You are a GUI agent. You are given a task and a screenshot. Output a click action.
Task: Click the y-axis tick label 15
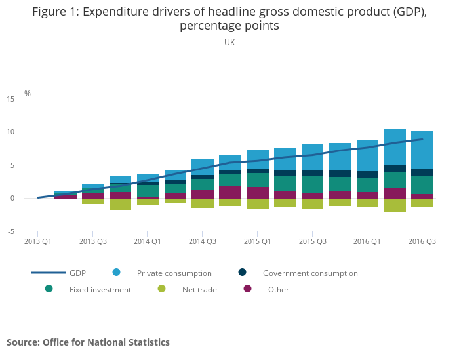point(10,99)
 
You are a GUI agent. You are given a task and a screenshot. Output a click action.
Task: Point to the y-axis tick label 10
point(10,132)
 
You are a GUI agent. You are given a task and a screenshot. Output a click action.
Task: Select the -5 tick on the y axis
point(10,231)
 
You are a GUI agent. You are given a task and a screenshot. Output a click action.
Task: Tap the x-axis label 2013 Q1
point(38,241)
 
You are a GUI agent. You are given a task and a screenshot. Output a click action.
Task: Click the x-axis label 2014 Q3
point(203,241)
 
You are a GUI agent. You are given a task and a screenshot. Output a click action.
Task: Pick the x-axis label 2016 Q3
point(422,241)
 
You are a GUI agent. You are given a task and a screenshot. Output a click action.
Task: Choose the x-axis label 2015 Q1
point(258,241)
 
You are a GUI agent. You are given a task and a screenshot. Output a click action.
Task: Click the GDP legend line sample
point(49,273)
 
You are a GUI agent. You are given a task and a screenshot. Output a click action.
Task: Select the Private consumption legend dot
point(116,272)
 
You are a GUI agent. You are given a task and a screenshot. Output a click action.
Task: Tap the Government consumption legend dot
point(242,272)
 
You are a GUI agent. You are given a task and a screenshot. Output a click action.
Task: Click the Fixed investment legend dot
point(49,289)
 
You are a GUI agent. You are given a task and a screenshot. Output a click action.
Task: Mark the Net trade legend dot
point(161,289)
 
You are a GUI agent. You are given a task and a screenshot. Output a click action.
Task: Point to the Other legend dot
point(247,289)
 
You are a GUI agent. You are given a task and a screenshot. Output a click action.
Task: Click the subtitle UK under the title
point(229,42)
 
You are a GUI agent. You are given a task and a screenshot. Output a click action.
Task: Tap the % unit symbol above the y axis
point(28,93)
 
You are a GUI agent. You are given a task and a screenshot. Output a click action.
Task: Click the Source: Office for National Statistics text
point(88,342)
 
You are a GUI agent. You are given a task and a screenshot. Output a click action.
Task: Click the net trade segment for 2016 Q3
point(422,203)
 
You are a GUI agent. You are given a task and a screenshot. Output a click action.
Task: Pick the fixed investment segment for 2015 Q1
point(258,180)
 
